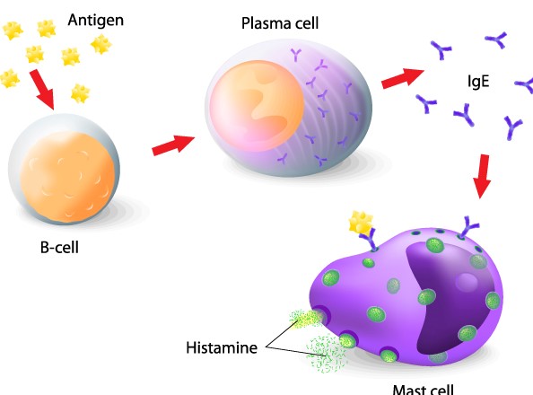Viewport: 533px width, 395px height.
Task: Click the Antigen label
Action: click(96, 21)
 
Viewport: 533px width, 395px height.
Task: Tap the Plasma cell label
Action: click(280, 23)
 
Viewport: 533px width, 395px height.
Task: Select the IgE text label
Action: click(478, 82)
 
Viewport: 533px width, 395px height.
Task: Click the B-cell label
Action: click(59, 248)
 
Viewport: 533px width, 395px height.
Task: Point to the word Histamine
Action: click(222, 347)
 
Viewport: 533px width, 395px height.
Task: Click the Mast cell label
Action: click(424, 390)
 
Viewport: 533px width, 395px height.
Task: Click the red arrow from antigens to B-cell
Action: click(42, 90)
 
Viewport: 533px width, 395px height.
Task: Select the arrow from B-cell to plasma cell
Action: click(173, 145)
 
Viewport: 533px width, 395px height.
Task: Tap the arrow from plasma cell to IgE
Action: click(403, 78)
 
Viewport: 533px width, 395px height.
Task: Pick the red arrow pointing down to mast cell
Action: click(483, 176)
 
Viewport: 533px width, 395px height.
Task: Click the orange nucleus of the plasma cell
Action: click(257, 105)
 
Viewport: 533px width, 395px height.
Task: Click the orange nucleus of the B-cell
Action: click(67, 177)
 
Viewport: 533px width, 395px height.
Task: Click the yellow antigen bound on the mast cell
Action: click(361, 222)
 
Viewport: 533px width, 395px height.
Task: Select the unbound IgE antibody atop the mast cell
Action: click(469, 226)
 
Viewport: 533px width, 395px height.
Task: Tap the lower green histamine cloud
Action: click(326, 354)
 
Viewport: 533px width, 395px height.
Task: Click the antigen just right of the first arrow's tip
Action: click(80, 93)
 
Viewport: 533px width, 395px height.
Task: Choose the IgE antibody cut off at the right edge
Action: click(525, 84)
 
